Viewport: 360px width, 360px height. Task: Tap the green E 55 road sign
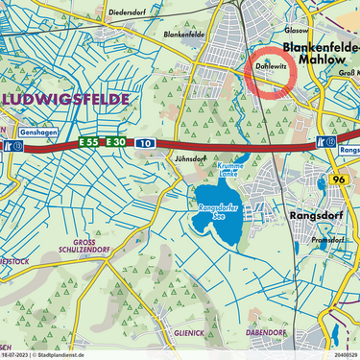click(89, 141)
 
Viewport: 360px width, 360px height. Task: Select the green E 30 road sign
click(115, 141)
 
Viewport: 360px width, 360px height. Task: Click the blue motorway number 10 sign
click(143, 141)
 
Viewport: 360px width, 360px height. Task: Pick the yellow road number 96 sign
click(338, 179)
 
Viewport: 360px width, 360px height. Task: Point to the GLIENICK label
click(188, 332)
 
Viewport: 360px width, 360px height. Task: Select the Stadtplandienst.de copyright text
click(67, 354)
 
